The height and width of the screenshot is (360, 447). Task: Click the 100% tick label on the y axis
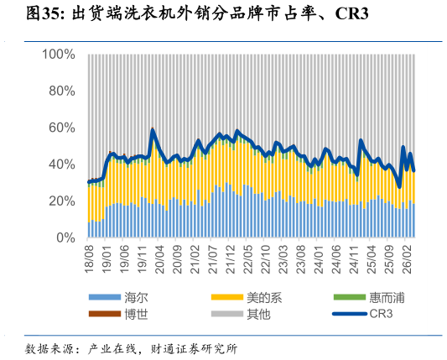tap(59, 55)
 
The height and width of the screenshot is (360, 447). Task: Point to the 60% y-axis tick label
tap(62, 128)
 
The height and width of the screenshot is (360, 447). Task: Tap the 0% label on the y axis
tap(65, 237)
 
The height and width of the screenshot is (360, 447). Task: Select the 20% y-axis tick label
tap(62, 201)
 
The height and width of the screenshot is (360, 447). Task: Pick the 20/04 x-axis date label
tap(160, 259)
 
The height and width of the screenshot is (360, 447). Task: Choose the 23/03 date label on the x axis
tap(283, 259)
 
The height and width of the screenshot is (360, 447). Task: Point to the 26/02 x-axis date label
tap(407, 259)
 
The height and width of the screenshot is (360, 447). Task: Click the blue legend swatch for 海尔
tap(105, 297)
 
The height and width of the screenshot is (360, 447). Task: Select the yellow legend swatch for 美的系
tap(227, 297)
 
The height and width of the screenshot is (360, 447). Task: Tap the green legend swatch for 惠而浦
tap(350, 297)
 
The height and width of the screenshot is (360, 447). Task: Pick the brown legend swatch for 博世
tap(105, 314)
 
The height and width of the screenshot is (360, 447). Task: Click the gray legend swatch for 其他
tap(227, 314)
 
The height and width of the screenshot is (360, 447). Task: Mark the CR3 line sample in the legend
tap(350, 314)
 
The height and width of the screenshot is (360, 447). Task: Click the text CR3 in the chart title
tap(351, 13)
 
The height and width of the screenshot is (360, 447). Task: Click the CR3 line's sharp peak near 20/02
tap(153, 130)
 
